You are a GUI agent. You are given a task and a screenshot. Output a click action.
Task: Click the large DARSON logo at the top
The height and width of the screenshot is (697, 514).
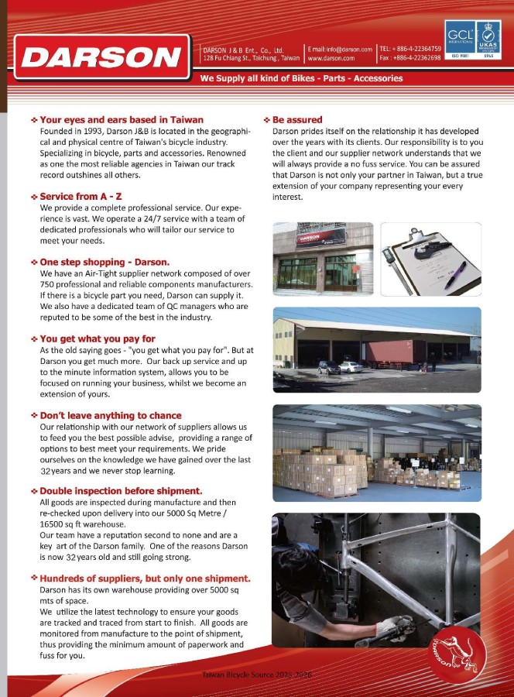coord(101,57)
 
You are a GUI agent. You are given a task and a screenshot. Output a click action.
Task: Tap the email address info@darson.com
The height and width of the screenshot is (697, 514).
coord(345,48)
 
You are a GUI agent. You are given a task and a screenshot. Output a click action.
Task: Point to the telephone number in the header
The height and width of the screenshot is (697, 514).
coord(410,48)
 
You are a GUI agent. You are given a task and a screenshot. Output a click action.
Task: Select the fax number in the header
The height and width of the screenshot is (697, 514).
coord(410,58)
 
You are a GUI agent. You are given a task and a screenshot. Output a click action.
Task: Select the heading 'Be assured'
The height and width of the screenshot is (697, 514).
coord(296,120)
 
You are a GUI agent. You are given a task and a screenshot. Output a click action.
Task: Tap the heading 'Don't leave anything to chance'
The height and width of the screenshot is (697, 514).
coord(110,415)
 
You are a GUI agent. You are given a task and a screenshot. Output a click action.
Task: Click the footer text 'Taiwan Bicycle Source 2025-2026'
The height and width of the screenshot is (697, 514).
coord(256,675)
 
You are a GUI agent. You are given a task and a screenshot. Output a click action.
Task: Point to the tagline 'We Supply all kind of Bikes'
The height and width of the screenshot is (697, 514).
coord(301,78)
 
